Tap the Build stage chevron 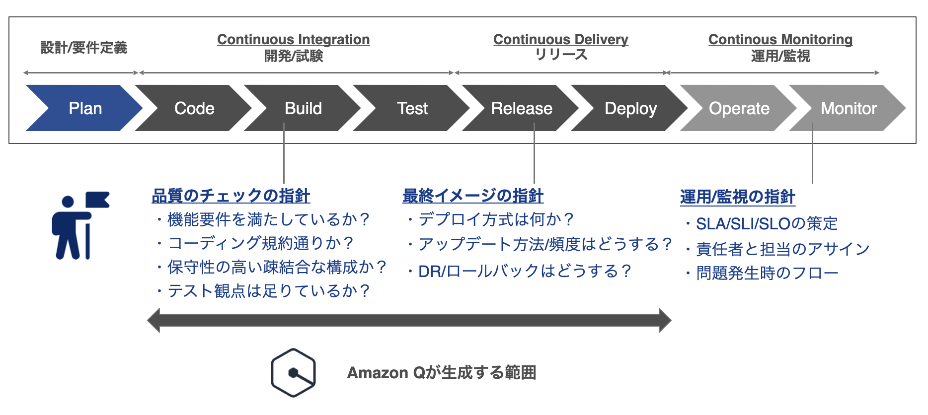(304, 108)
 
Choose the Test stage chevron (412, 108)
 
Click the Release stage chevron (522, 108)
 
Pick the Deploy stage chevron (630, 108)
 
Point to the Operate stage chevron (739, 108)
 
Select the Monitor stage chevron (849, 108)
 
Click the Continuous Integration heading (294, 40)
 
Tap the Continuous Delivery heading (561, 40)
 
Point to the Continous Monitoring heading (780, 40)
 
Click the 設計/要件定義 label (84, 48)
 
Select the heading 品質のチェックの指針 (231, 196)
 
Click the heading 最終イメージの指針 (473, 196)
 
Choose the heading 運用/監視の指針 (738, 197)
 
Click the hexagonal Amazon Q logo (293, 373)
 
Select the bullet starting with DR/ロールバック (519, 272)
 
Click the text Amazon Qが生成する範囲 (442, 373)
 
